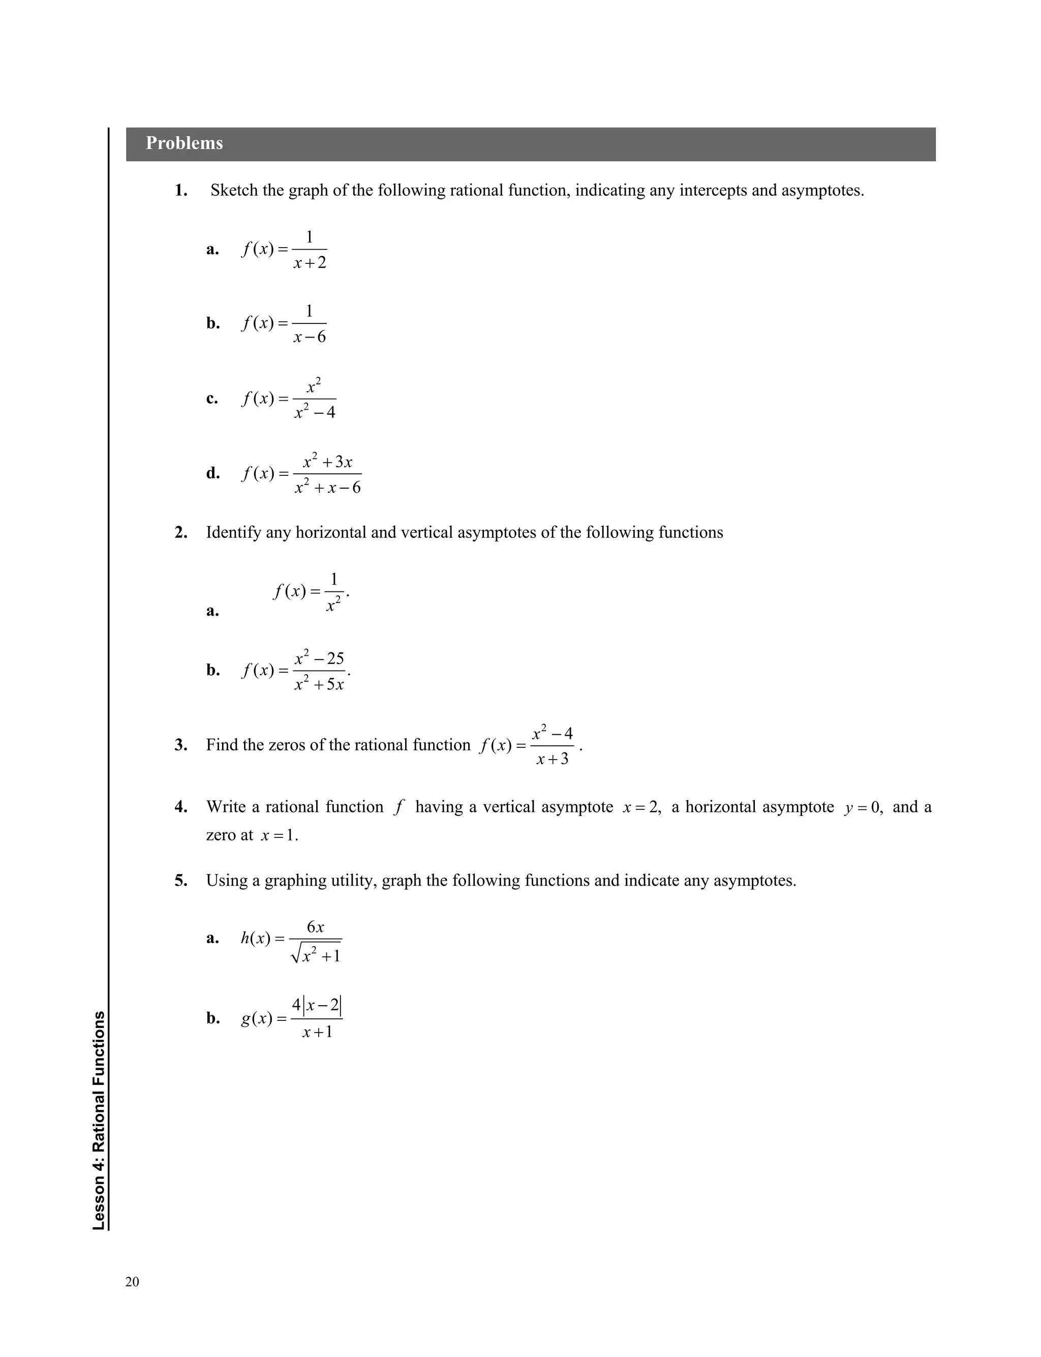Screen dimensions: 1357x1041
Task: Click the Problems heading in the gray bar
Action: click(x=184, y=143)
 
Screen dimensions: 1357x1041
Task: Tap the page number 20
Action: click(x=132, y=1282)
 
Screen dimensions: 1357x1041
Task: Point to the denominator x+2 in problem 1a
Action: click(x=309, y=263)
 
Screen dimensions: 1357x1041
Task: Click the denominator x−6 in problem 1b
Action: click(x=309, y=337)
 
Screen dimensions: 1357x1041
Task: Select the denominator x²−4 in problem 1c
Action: click(x=314, y=411)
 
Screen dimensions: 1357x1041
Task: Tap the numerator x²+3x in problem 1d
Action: click(x=327, y=462)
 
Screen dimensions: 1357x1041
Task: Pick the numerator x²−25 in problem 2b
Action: click(x=319, y=658)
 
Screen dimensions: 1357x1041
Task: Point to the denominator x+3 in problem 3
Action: click(x=552, y=759)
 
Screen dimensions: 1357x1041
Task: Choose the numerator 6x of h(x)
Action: click(x=315, y=927)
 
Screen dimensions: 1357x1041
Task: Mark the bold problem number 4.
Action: click(x=180, y=807)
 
